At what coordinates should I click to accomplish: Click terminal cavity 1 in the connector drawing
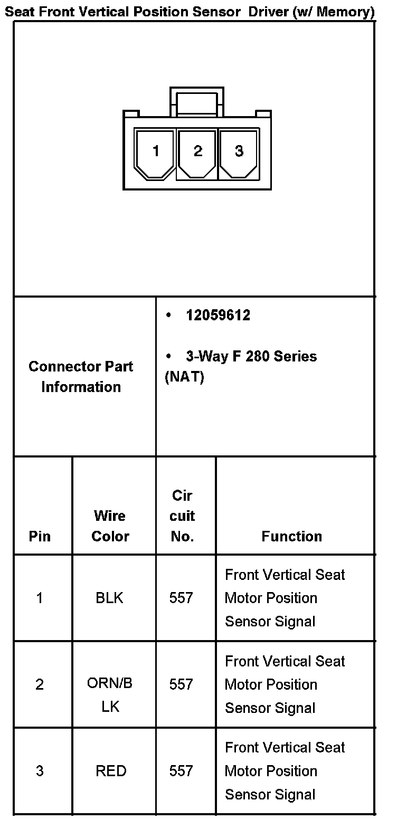tap(155, 152)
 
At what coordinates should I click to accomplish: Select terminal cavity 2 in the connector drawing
tap(197, 152)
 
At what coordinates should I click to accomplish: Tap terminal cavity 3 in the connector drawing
tap(239, 152)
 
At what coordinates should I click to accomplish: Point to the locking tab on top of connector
tap(196, 100)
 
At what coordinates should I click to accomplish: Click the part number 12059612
tap(218, 316)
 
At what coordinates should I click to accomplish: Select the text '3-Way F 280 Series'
tap(251, 356)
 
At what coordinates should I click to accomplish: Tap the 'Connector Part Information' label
tap(81, 376)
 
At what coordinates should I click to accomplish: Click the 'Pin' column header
tap(40, 537)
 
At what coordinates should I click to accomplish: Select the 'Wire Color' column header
tap(110, 526)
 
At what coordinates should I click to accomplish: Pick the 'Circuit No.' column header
tap(182, 516)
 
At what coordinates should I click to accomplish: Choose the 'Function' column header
tap(291, 537)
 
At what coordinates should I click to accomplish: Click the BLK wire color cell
tap(110, 598)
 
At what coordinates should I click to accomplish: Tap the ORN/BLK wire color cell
tap(110, 694)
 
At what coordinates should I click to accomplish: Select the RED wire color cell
tap(111, 771)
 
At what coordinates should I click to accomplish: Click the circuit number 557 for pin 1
tap(181, 598)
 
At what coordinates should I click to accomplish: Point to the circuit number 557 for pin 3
tap(181, 771)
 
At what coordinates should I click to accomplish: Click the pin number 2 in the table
tap(40, 684)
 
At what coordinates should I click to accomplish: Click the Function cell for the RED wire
tap(285, 771)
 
